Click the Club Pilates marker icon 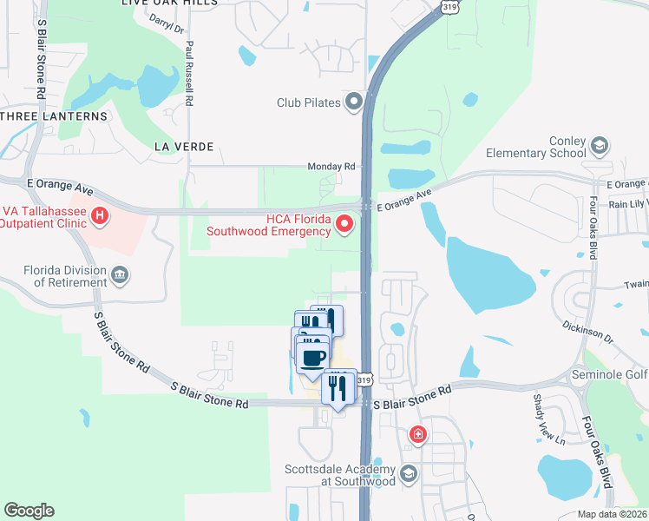coord(354,102)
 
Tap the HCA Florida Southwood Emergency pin coord(344,225)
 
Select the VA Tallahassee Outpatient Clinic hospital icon coord(100,214)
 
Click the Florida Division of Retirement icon coord(120,275)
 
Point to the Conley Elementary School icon coord(599,145)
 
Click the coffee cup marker coord(313,358)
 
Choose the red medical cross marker coord(418,433)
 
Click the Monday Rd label coord(331,166)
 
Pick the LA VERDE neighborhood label coord(183,147)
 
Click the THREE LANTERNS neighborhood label coord(54,115)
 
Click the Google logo coord(29,511)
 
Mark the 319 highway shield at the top coord(449,7)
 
